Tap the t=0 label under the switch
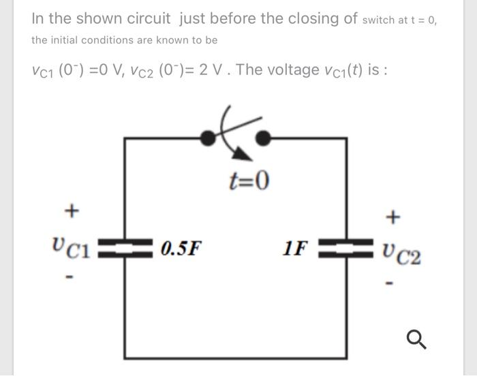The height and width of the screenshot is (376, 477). click(249, 181)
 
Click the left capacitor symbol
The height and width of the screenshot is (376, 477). click(125, 247)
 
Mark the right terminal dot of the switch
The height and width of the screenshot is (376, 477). click(262, 138)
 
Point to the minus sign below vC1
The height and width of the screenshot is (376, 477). click(69, 278)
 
